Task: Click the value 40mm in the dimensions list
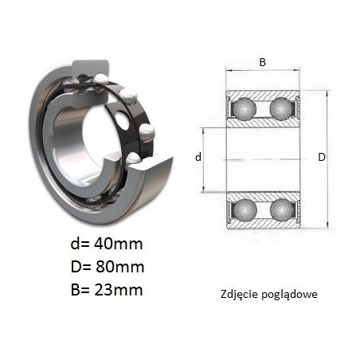click(119, 244)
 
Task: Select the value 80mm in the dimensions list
click(119, 267)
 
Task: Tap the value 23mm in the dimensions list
click(119, 290)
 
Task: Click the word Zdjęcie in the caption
click(240, 295)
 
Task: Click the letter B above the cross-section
click(262, 62)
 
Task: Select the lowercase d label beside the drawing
click(198, 157)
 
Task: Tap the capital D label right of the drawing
click(322, 158)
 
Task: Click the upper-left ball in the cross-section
click(245, 108)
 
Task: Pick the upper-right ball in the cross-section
click(281, 108)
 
